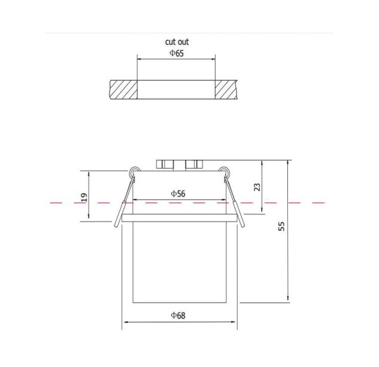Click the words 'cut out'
click(177, 42)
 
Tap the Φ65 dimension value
click(177, 53)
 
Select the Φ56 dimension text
click(178, 194)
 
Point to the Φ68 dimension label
click(178, 316)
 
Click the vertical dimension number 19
click(84, 197)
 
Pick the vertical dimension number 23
click(257, 187)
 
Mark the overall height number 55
click(281, 227)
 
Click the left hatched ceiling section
click(123, 90)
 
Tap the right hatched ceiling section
click(226, 90)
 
